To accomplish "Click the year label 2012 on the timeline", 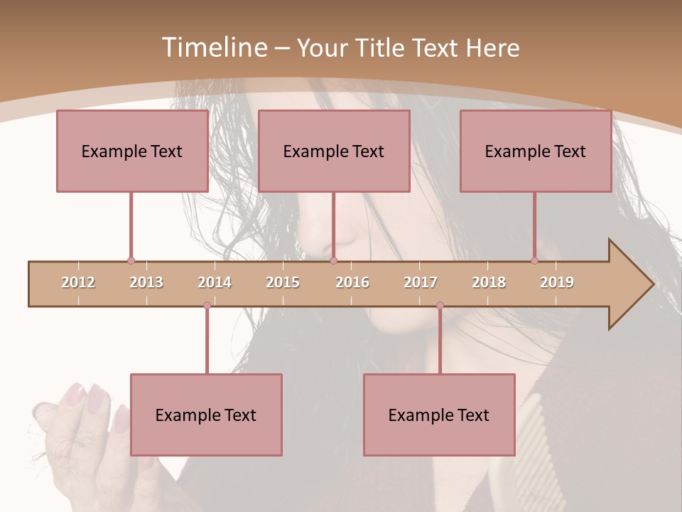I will (78, 282).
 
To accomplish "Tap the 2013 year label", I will (146, 282).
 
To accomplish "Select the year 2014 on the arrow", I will (215, 282).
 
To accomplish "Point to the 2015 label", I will (283, 282).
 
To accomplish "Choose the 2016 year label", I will (352, 282).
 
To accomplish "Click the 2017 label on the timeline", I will (421, 282).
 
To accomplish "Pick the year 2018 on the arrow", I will (489, 282).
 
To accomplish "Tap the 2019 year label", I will (557, 282).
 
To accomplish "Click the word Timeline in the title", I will (213, 48).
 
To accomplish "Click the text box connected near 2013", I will (132, 151).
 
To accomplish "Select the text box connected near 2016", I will (334, 151).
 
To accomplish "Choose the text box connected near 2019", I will (536, 151).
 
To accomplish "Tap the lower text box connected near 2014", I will (206, 415).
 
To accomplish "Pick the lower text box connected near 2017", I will (439, 415).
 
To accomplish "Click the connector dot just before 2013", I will (131, 261).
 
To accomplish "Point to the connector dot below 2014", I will (207, 306).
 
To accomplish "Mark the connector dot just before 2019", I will (534, 261).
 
